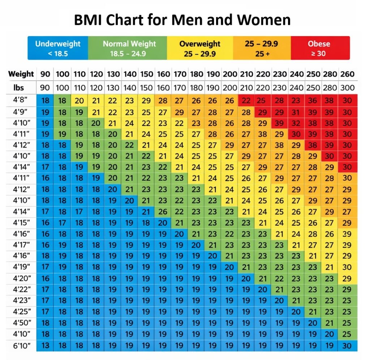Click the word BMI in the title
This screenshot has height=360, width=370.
pyautogui.click(x=90, y=20)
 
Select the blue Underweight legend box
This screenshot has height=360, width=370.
pyautogui.click(x=58, y=48)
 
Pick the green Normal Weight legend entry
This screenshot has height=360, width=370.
pyautogui.click(x=127, y=48)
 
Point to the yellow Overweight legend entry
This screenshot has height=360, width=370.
pyautogui.click(x=200, y=48)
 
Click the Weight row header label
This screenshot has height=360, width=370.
pyautogui.click(x=21, y=74)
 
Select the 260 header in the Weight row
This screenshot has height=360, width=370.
pyautogui.click(x=347, y=74)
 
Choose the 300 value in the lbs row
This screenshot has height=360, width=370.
pyautogui.click(x=347, y=88)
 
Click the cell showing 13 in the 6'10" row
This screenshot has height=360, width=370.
pyautogui.click(x=45, y=346)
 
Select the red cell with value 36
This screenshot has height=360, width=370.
pyautogui.click(x=313, y=101)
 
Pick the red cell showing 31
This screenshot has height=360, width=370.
pyautogui.click(x=296, y=112)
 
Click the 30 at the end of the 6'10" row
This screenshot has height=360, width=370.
pyautogui.click(x=347, y=346)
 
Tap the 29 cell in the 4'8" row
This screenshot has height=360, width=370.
pyautogui.click(x=146, y=101)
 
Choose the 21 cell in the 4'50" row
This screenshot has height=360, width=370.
pyautogui.click(x=330, y=323)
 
